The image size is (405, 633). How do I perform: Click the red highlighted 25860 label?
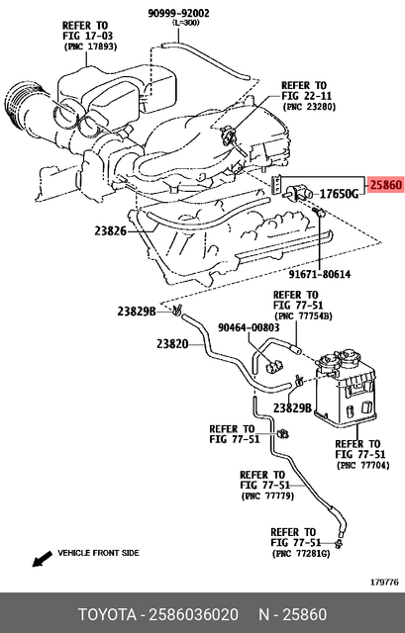[385, 185]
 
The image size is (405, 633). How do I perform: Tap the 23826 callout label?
[111, 230]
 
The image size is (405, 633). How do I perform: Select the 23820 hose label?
[172, 344]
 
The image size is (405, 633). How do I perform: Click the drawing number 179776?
[384, 582]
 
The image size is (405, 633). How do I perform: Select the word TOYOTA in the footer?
[115, 613]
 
